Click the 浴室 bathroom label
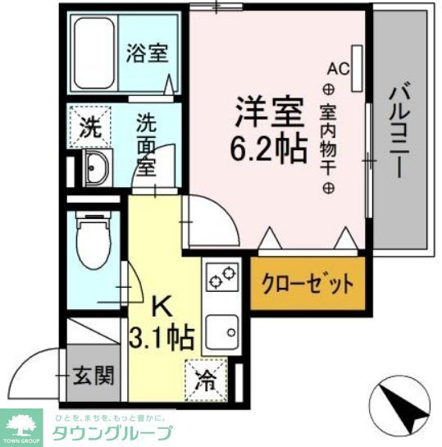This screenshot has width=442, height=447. point(148,54)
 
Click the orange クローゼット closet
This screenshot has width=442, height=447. point(307,285)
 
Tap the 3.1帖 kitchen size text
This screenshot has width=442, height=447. point(162,336)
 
